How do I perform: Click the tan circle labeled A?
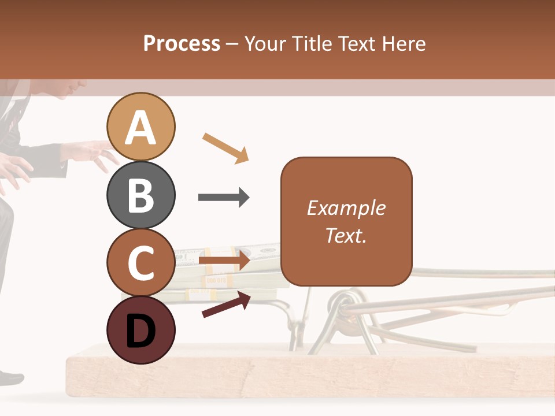click(x=141, y=127)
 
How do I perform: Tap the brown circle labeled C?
click(x=141, y=262)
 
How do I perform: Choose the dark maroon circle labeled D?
click(x=141, y=330)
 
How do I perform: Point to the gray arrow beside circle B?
click(x=224, y=198)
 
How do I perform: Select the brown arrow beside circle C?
click(x=224, y=261)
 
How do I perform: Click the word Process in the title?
click(x=182, y=43)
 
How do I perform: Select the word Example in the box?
click(x=346, y=208)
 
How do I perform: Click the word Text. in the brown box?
click(x=346, y=235)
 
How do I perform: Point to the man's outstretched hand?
click(x=92, y=153)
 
